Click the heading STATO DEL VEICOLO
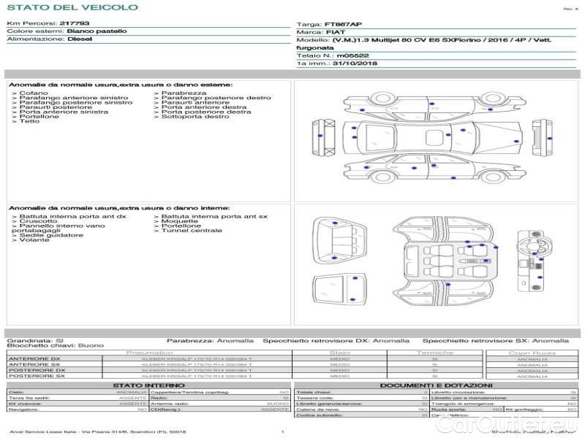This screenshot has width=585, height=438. point(72,7)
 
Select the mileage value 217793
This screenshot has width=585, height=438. point(75,23)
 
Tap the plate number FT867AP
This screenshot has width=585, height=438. point(343,24)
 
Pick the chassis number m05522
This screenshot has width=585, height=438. point(352,55)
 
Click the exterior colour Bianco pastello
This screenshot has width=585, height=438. point(97,31)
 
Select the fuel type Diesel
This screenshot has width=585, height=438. point(80,39)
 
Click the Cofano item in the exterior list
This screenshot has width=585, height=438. point(34,93)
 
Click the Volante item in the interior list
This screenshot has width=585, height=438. point(34,239)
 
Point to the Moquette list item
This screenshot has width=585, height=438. point(179,221)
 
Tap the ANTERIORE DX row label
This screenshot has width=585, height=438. point(34,358)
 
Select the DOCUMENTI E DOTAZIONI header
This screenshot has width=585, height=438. point(436,385)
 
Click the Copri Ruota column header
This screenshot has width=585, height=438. point(532,353)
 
